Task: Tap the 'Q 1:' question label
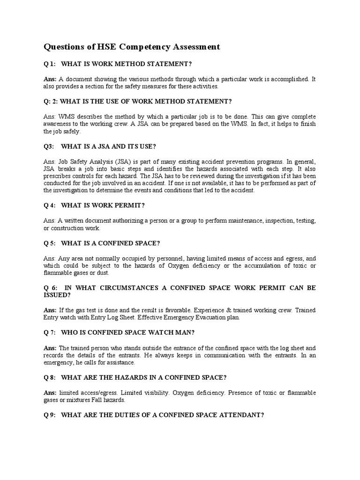pos(50,64)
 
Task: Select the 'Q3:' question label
pos(49,146)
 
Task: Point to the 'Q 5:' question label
pos(50,243)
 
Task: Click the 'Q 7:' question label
pos(50,332)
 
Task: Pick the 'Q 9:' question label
pos(50,415)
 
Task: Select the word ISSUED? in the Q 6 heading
pos(57,295)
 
